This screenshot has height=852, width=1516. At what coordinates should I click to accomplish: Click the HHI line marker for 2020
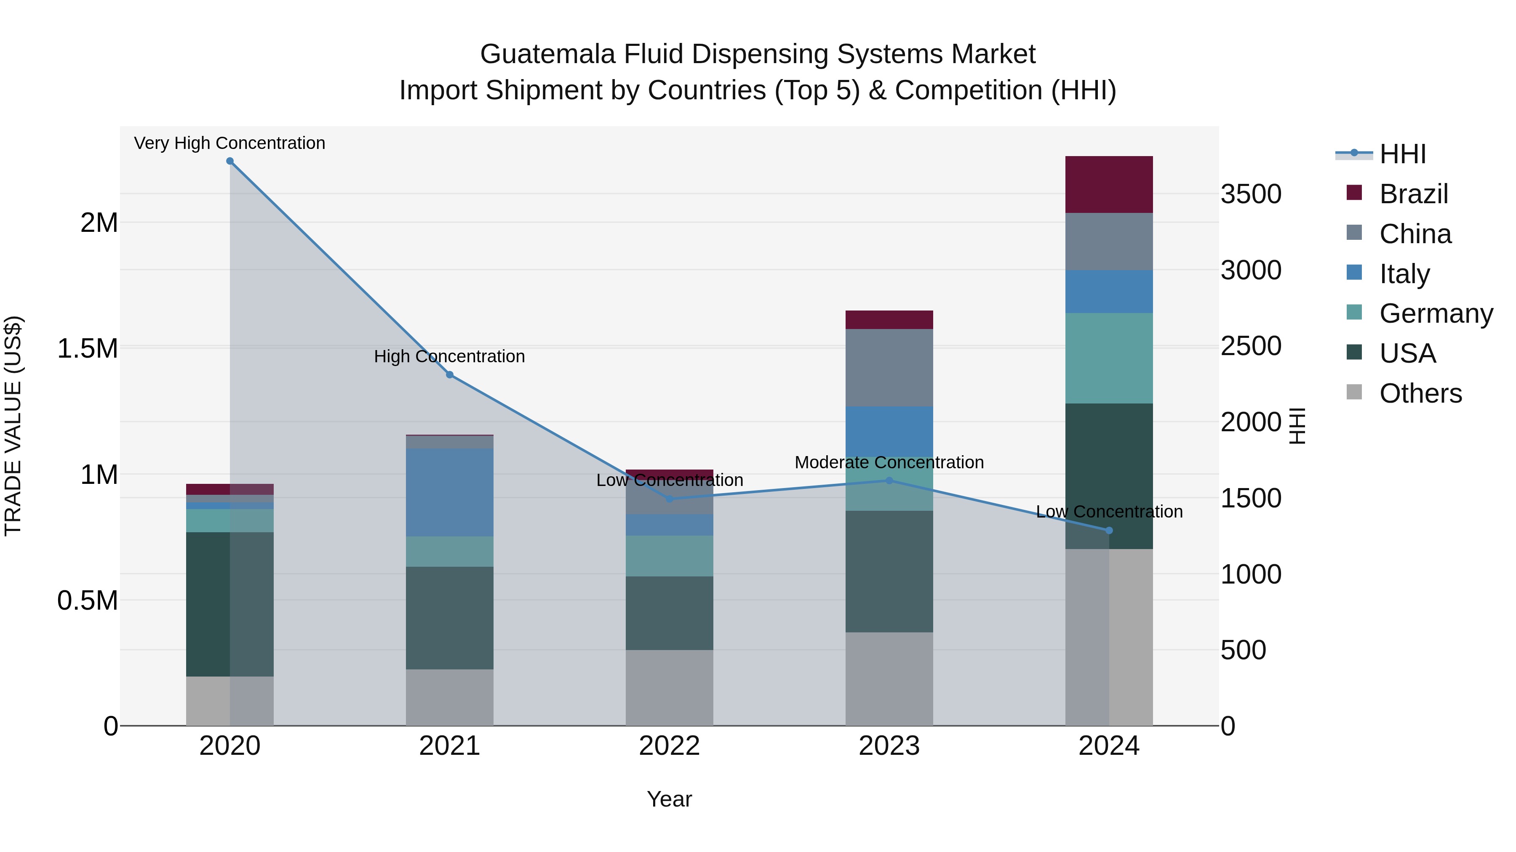tap(230, 161)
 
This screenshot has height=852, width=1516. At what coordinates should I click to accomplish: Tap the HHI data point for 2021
tap(450, 374)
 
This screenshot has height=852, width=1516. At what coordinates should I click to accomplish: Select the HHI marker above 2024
tap(1109, 531)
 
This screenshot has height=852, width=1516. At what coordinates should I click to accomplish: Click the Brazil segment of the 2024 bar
tap(1109, 185)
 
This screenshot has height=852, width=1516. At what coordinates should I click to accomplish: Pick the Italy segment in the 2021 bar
tap(450, 492)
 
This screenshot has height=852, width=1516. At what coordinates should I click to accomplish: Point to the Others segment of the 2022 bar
tap(669, 687)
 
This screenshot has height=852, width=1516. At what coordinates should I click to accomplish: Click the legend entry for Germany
tap(1436, 313)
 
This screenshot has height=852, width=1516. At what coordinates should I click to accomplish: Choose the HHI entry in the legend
tap(1402, 154)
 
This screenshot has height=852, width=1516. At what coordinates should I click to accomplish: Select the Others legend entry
tap(1420, 393)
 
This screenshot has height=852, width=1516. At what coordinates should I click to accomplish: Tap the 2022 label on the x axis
tap(669, 746)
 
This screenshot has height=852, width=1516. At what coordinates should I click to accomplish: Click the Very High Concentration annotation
tap(230, 143)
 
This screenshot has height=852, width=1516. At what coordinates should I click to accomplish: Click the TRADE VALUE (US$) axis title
tap(13, 426)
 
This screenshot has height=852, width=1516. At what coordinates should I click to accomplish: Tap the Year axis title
tap(669, 799)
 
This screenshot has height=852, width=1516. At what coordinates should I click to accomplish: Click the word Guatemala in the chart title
tap(547, 54)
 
